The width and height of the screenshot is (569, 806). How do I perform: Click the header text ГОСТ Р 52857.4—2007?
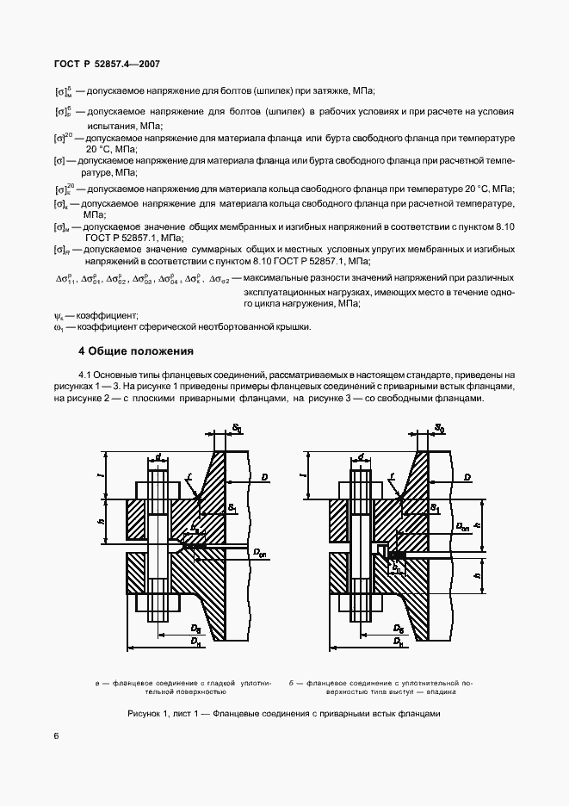[x=102, y=65]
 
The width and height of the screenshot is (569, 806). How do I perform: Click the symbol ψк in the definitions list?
[x=59, y=316]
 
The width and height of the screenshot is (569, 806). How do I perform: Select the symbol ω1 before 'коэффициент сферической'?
[x=59, y=326]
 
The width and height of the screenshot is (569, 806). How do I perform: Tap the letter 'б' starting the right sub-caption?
[x=293, y=682]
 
